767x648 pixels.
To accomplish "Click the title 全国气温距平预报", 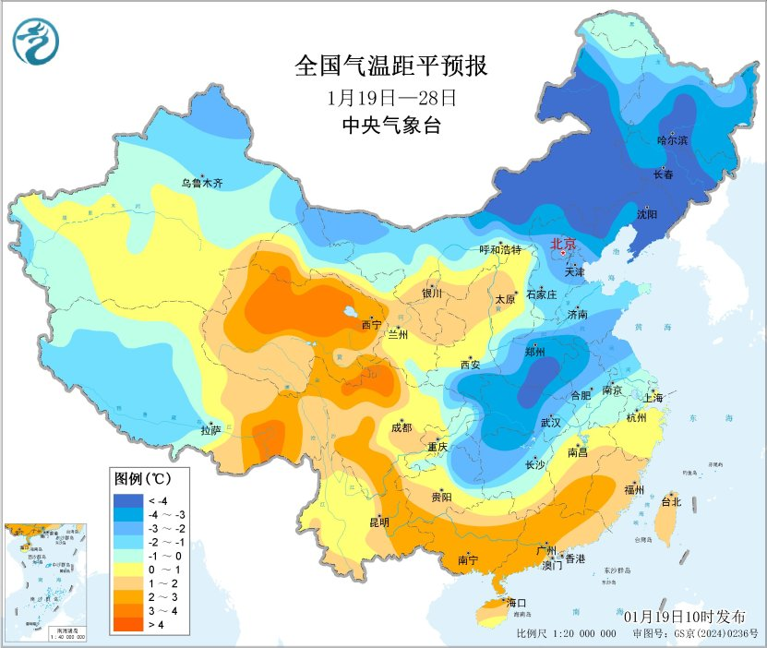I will [x=390, y=66].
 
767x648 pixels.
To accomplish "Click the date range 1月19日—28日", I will [x=390, y=97].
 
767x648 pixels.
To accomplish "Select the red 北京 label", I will [x=563, y=245].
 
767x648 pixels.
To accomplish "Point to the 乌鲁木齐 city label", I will [x=201, y=183].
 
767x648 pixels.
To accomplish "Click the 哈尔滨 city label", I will [x=673, y=140].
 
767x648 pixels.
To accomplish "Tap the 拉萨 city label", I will [x=210, y=429].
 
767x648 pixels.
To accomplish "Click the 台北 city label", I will [x=671, y=501].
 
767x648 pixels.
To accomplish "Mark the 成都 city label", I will [x=401, y=426].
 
